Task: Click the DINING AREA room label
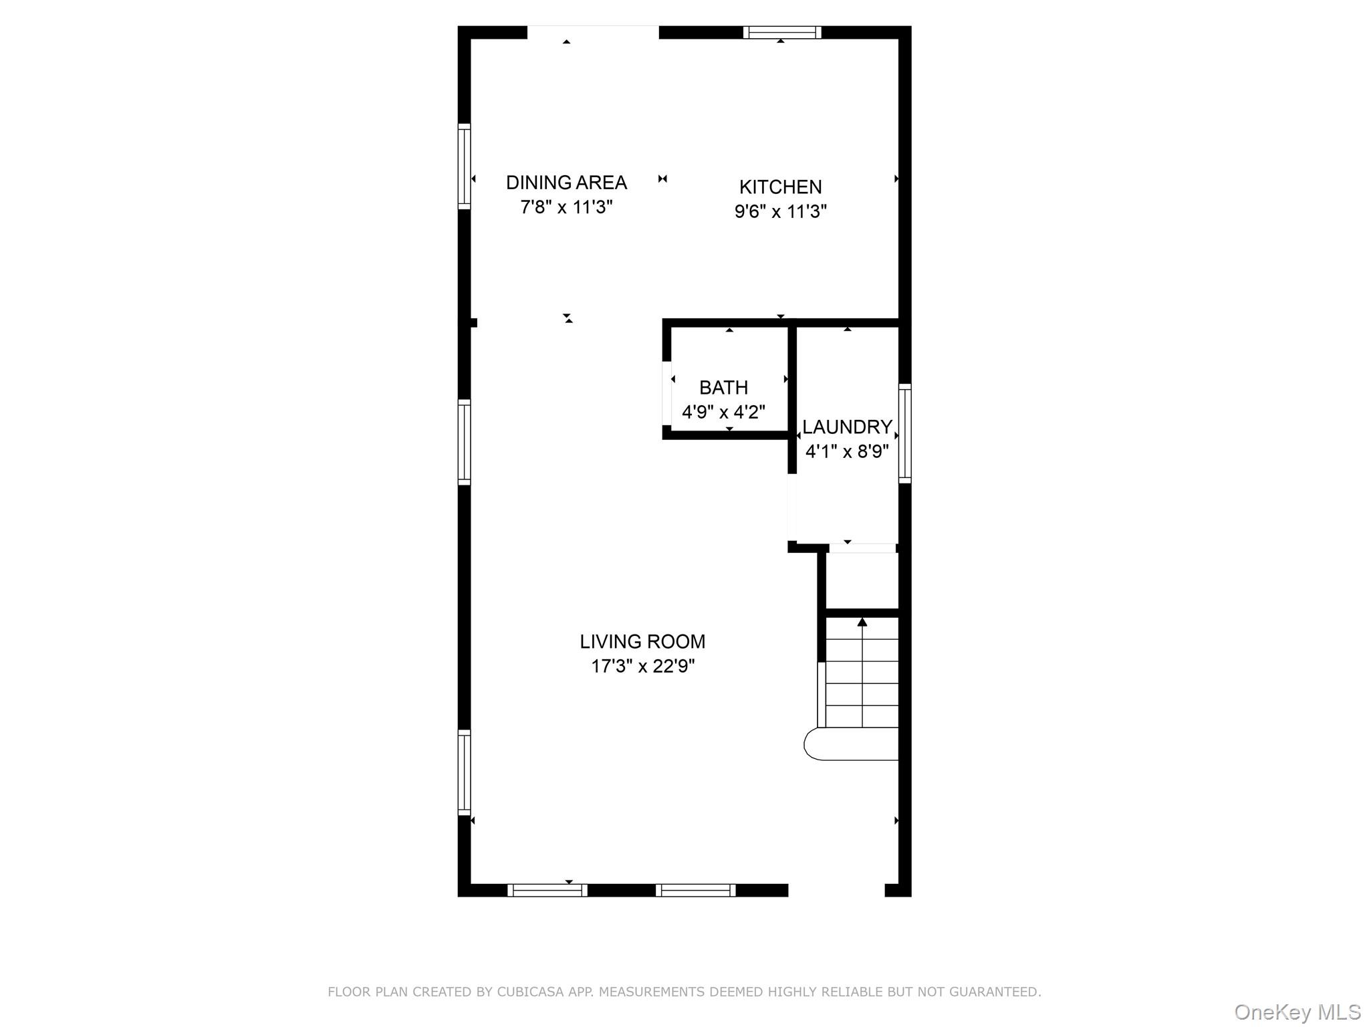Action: pos(566,183)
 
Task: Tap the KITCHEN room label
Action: pos(780,187)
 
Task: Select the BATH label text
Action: pos(723,388)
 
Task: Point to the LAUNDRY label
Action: pos(847,427)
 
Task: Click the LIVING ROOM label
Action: pos(642,642)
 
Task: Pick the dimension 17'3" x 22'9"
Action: pos(642,667)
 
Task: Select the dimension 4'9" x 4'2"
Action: pos(723,412)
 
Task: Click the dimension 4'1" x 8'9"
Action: pos(847,452)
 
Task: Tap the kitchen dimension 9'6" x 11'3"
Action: pos(780,212)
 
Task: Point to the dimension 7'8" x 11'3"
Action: pos(566,207)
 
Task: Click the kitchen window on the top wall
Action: pos(782,32)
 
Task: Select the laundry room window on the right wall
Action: pos(904,433)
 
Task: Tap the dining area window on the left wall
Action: pos(464,166)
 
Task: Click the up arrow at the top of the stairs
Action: pos(862,622)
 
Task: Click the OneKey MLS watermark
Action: pos(1297,1012)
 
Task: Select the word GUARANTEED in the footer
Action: pos(996,992)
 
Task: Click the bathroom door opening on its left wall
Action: pos(667,392)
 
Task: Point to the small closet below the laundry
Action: pos(862,580)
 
